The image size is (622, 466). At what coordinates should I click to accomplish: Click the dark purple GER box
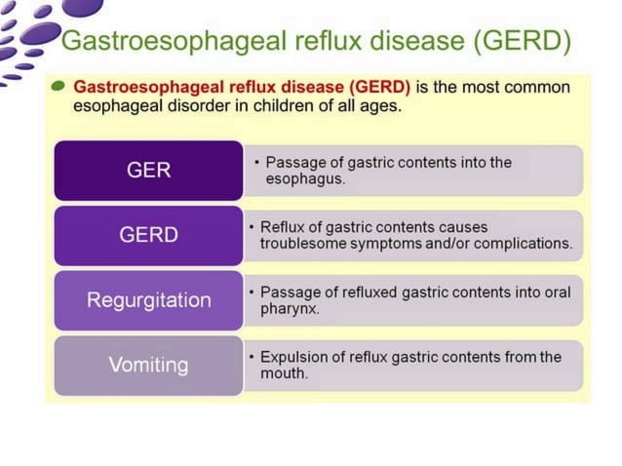tap(148, 170)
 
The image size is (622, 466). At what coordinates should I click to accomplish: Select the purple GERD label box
tap(148, 235)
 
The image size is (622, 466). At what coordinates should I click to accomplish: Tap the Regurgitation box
tap(148, 299)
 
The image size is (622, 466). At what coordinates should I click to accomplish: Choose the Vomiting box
tap(148, 365)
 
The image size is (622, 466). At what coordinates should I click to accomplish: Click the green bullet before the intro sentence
tap(60, 86)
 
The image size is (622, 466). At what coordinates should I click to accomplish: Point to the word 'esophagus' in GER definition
tap(298, 179)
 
